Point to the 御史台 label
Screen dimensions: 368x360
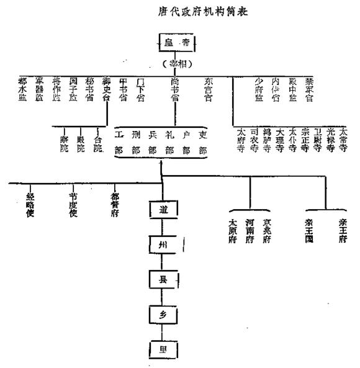[x=107, y=89]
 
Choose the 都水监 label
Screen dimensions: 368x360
[x=23, y=89]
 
